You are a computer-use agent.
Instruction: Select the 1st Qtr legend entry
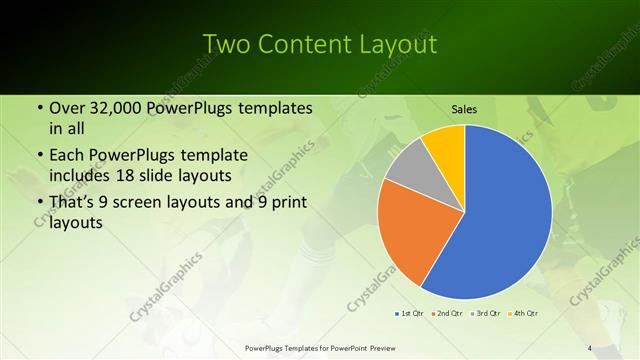pyautogui.click(x=409, y=314)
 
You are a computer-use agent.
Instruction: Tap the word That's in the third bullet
pyautogui.click(x=73, y=202)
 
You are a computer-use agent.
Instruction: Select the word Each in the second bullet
pyautogui.click(x=67, y=155)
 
